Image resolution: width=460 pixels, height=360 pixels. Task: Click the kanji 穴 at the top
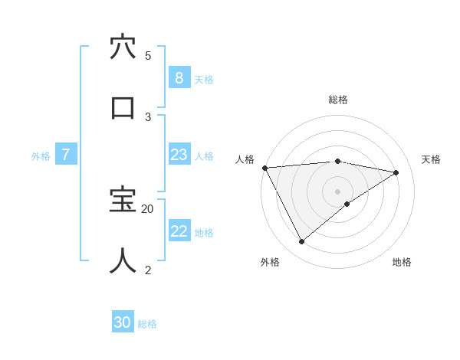(123, 47)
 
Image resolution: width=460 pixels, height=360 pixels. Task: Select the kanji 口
(123, 107)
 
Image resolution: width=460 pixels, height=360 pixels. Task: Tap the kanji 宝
(123, 201)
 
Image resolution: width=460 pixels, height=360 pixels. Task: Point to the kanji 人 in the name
(123, 260)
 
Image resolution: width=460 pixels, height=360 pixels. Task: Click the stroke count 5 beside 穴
(148, 55)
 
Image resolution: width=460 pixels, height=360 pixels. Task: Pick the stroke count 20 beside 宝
(148, 208)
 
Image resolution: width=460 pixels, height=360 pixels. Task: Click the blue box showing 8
(179, 77)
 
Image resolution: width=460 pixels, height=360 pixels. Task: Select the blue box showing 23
(179, 155)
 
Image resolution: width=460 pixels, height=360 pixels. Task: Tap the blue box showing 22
(179, 231)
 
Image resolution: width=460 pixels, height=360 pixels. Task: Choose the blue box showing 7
(66, 155)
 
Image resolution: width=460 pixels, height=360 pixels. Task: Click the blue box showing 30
(122, 322)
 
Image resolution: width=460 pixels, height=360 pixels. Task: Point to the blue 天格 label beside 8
(204, 79)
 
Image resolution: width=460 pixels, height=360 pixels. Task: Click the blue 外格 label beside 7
(41, 156)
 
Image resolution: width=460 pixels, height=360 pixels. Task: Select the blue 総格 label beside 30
(148, 324)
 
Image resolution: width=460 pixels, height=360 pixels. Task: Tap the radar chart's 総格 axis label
(338, 100)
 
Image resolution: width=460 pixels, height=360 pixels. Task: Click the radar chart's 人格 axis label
(245, 159)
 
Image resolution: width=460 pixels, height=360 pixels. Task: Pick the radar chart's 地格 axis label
(402, 262)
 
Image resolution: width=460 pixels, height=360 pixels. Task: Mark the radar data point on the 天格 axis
(396, 172)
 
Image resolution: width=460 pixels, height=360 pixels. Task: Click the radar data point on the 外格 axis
(301, 241)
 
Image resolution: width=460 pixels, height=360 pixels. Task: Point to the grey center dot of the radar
(338, 191)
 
